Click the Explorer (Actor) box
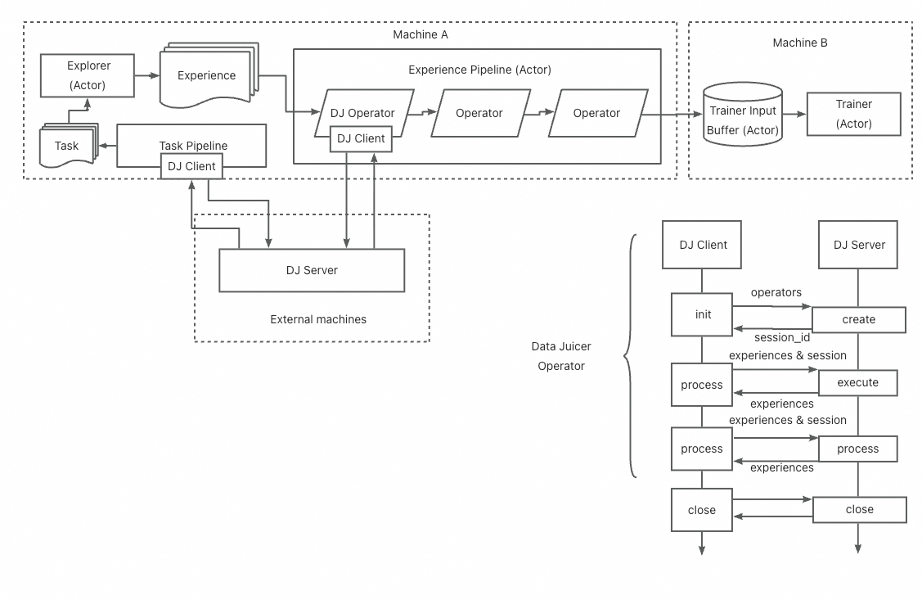88,75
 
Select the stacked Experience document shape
207,75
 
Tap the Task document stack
67,146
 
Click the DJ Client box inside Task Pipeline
191,166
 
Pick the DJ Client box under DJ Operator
361,138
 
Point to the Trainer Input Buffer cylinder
744,115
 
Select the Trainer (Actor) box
853,114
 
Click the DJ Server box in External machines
312,270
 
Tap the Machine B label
799,43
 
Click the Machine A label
421,34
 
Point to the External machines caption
318,319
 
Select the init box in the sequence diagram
702,314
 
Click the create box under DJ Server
858,319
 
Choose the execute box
857,382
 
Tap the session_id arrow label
782,337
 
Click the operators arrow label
776,292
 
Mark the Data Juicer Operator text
561,356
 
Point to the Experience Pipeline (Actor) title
479,70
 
